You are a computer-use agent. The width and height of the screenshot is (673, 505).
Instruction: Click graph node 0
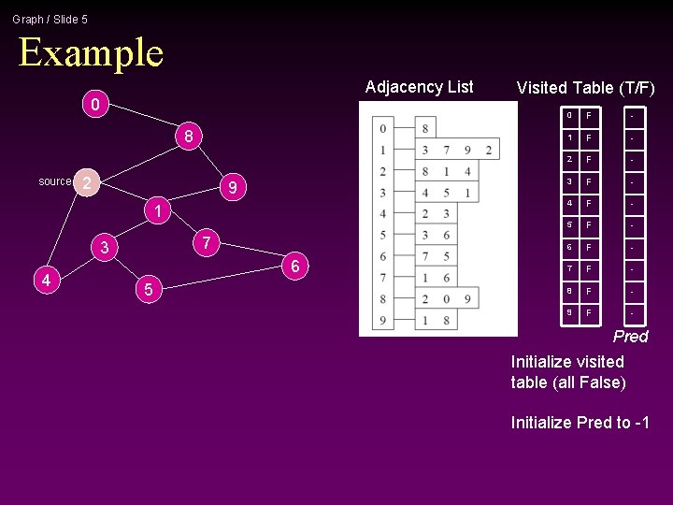93,104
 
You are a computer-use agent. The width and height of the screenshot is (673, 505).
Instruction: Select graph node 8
188,137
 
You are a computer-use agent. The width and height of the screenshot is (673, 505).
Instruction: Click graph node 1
159,211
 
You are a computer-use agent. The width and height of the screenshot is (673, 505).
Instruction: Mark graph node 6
294,267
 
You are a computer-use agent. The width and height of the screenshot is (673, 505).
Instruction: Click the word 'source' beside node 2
55,181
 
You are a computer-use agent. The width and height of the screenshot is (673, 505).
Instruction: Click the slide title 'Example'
91,52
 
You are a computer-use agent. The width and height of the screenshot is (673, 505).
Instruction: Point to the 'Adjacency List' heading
419,87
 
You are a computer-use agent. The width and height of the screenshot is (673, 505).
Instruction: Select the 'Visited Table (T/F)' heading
585,88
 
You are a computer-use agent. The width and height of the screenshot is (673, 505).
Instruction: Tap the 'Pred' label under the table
630,337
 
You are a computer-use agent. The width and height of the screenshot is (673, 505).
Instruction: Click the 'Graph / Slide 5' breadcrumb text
50,19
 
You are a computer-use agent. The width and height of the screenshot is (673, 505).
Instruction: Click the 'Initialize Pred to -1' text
580,423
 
